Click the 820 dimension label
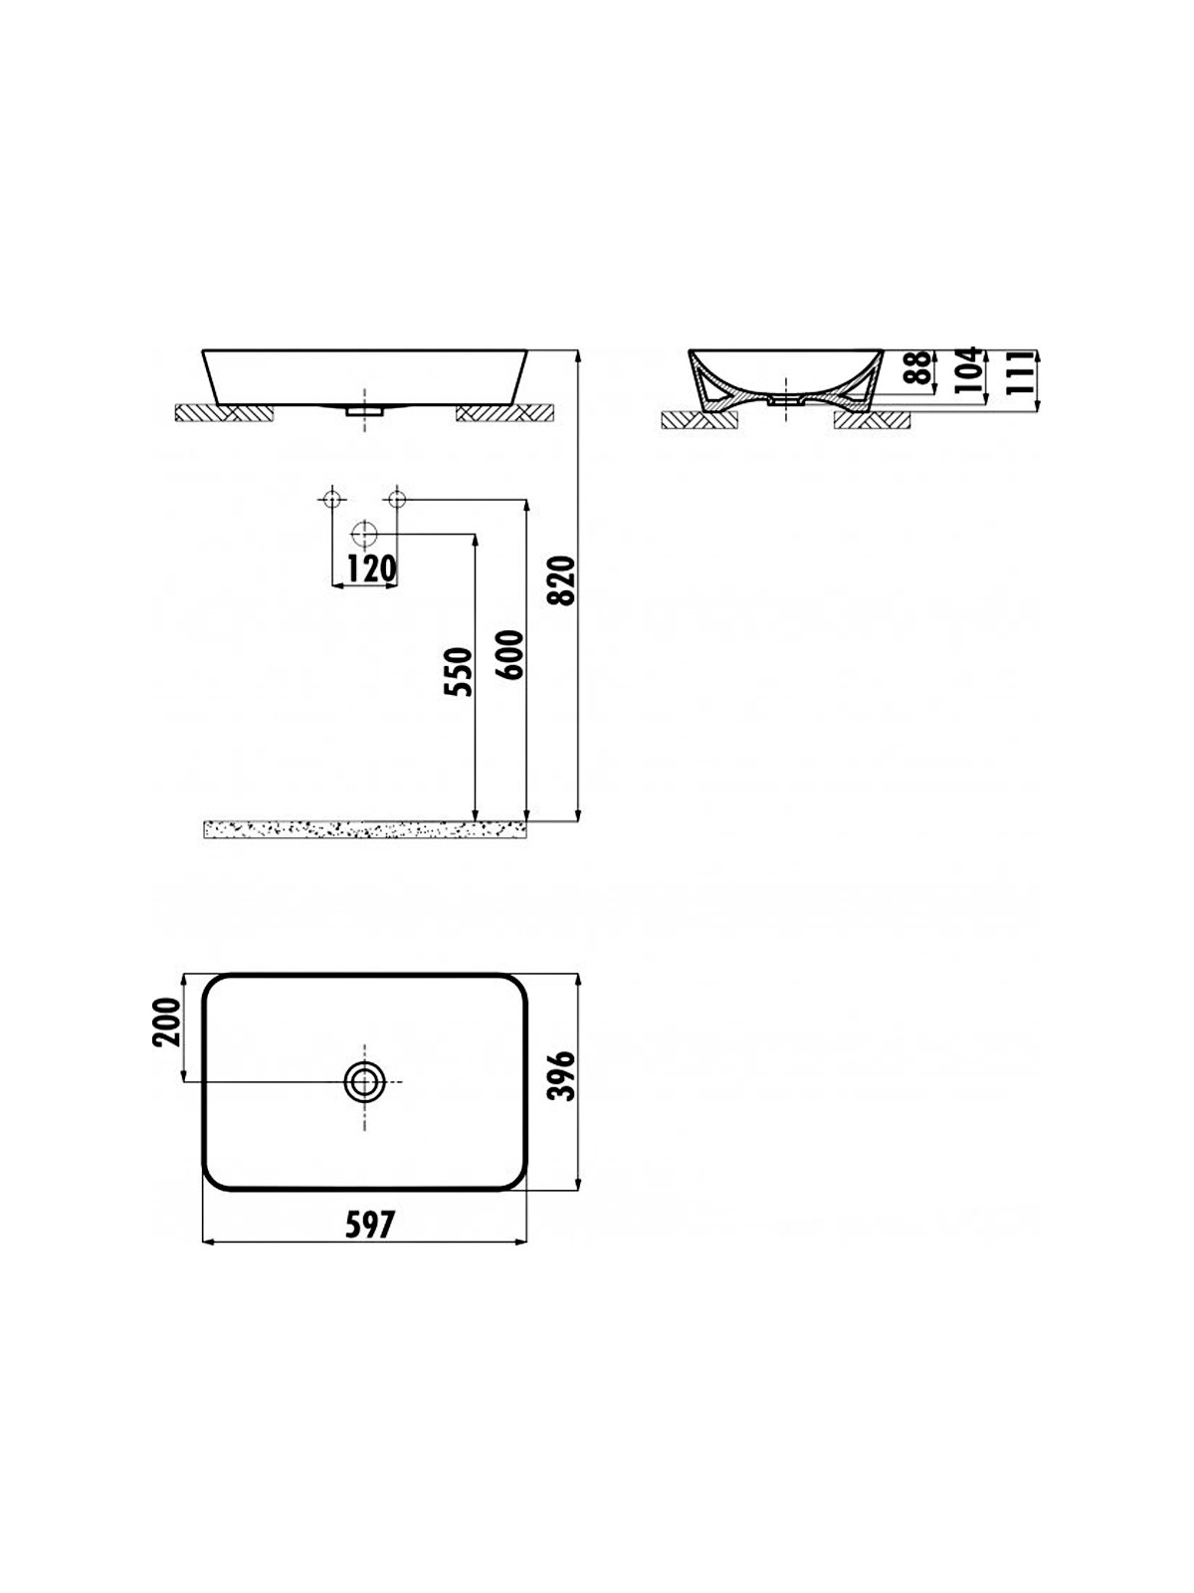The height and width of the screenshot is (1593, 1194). (x=562, y=580)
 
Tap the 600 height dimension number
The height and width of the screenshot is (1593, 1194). (x=511, y=654)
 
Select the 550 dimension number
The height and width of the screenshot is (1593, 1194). (x=459, y=672)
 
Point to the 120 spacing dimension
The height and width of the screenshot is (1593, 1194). (x=372, y=569)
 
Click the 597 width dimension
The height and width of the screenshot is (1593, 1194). (x=369, y=1226)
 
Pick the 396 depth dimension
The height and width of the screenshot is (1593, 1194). (x=562, y=1076)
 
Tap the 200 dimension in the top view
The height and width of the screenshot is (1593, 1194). (x=166, y=1022)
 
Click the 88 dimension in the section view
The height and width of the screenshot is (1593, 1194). (x=917, y=368)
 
